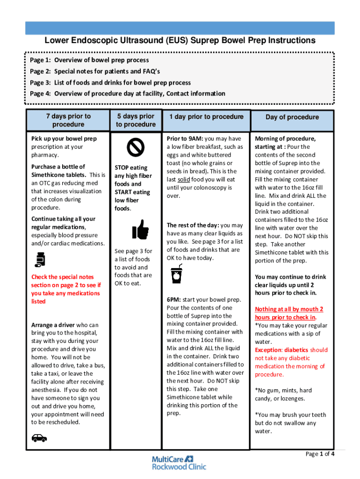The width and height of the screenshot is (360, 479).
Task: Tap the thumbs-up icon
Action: pyautogui.click(x=140, y=230)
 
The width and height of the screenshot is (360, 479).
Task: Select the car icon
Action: pyautogui.click(x=39, y=438)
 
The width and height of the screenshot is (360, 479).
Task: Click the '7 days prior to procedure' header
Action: pyautogui.click(x=68, y=120)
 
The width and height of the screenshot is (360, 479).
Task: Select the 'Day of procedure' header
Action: pyautogui.click(x=292, y=117)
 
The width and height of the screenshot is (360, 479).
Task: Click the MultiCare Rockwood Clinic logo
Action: pyautogui.click(x=179, y=463)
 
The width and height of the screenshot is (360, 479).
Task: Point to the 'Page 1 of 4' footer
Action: pyautogui.click(x=320, y=454)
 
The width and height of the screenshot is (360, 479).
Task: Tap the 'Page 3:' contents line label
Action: pyautogui.click(x=41, y=82)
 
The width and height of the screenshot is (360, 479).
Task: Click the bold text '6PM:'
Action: pyautogui.click(x=174, y=299)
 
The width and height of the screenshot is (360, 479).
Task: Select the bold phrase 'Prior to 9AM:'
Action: pyautogui.click(x=185, y=138)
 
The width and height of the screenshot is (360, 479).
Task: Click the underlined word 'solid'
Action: pyautogui.click(x=183, y=180)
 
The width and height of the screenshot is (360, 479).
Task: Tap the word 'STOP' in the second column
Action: pyautogui.click(x=124, y=167)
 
